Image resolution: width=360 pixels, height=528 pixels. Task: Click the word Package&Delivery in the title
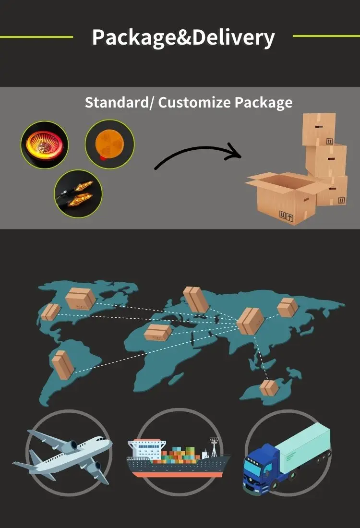(x=183, y=37)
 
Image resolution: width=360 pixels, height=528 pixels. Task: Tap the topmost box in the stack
(x=319, y=129)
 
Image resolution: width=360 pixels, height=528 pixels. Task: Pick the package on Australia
(x=269, y=387)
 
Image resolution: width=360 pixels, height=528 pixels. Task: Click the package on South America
(x=63, y=365)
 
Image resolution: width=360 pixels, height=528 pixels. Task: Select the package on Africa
(x=158, y=332)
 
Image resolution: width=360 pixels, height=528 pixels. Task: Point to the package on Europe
(x=196, y=299)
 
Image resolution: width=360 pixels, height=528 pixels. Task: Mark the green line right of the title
(x=326, y=36)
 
